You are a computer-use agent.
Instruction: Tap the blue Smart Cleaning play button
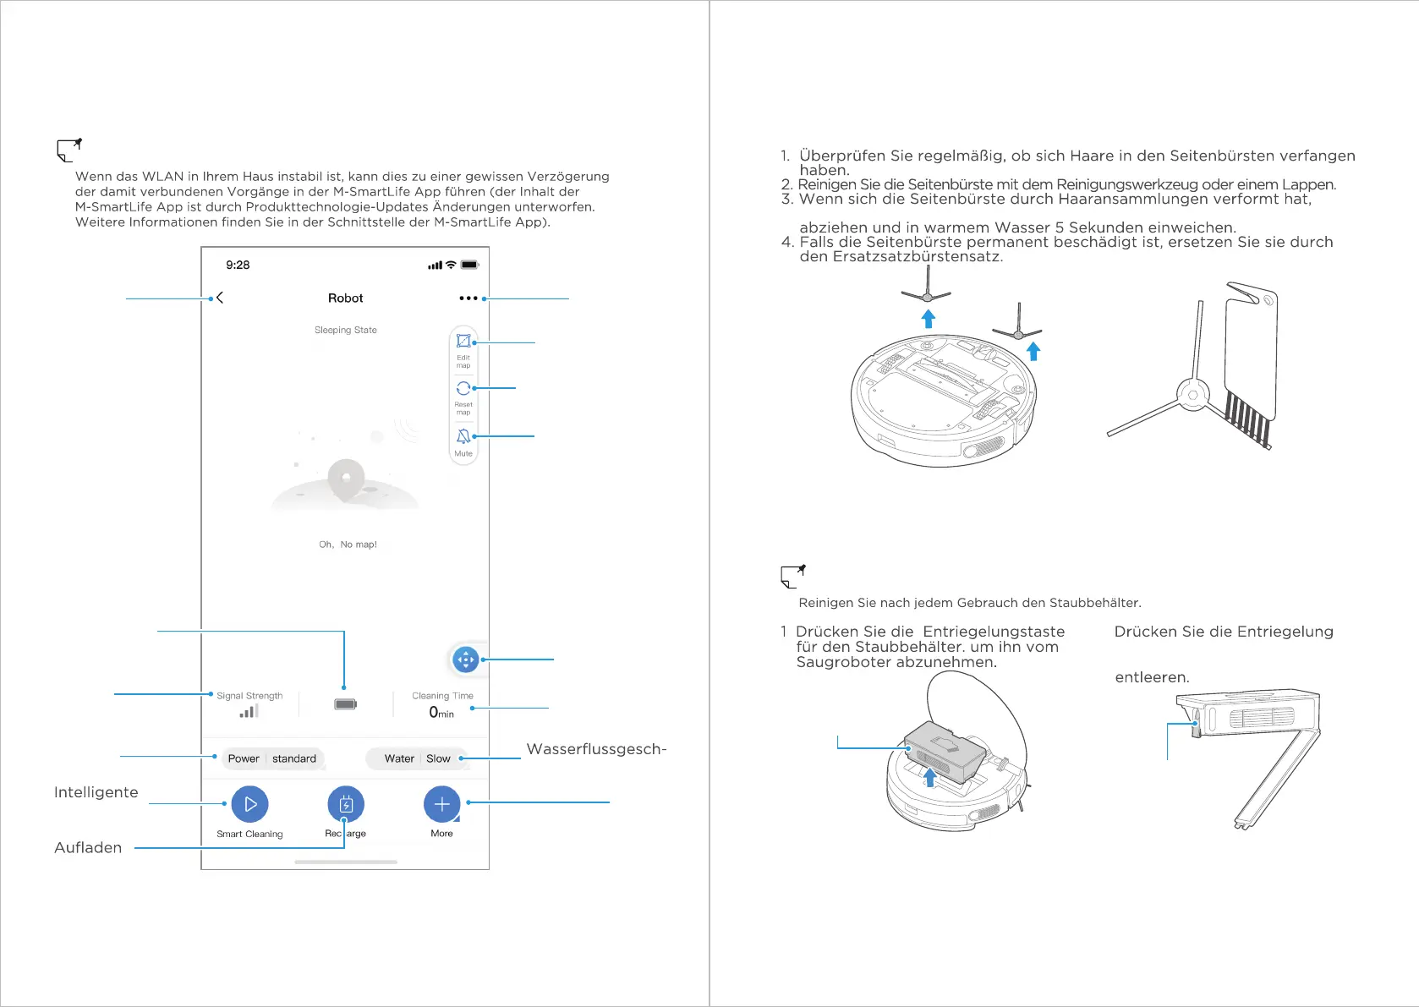pyautogui.click(x=249, y=804)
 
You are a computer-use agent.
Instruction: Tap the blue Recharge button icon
pyautogui.click(x=346, y=804)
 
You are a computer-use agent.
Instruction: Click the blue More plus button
pyautogui.click(x=441, y=804)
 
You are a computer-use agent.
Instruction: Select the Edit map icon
pyautogui.click(x=463, y=341)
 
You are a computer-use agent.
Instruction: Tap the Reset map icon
pyautogui.click(x=463, y=388)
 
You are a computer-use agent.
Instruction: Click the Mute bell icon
pyautogui.click(x=463, y=436)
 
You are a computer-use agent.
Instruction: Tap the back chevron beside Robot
pyautogui.click(x=220, y=298)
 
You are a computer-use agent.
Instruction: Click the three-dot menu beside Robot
pyautogui.click(x=468, y=298)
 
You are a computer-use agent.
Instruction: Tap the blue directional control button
pyautogui.click(x=466, y=659)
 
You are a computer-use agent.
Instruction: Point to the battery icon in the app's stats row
pyautogui.click(x=345, y=703)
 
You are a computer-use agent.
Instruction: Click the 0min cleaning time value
pyautogui.click(x=441, y=713)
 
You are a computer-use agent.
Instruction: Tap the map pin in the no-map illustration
pyautogui.click(x=346, y=479)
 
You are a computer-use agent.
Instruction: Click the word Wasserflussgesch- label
pyautogui.click(x=596, y=749)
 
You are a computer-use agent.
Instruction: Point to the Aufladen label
pyautogui.click(x=88, y=848)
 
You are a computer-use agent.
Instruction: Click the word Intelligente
pyautogui.click(x=96, y=792)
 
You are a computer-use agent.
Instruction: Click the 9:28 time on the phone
pyautogui.click(x=238, y=265)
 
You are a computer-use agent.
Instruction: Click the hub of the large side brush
pyautogui.click(x=1192, y=395)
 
